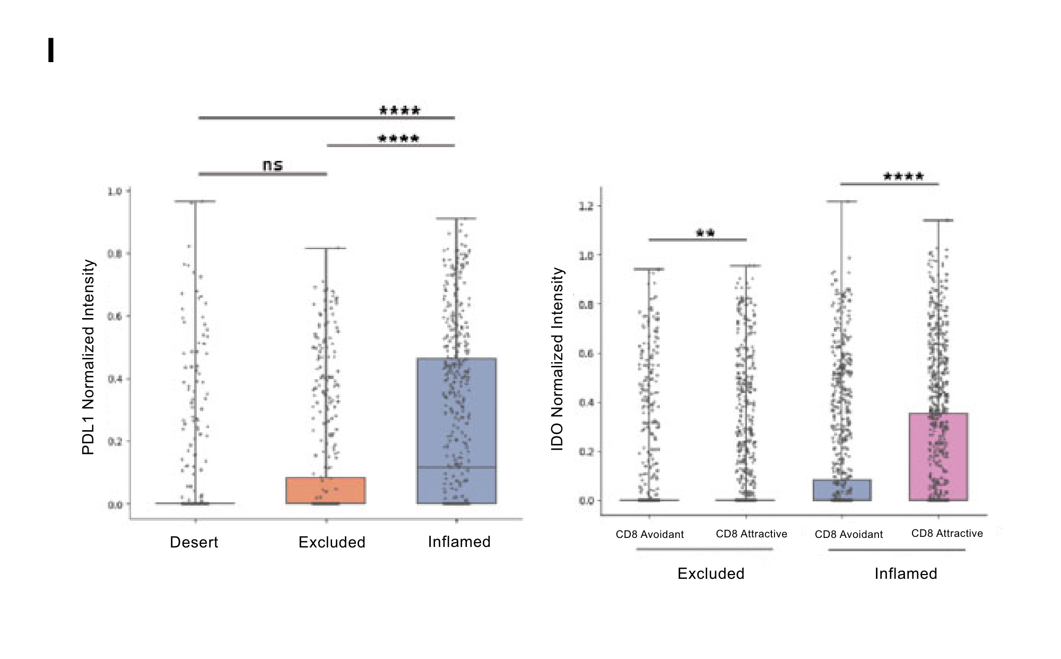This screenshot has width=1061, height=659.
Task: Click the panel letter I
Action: pyautogui.click(x=51, y=50)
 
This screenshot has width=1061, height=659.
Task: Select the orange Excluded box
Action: pyautogui.click(x=326, y=490)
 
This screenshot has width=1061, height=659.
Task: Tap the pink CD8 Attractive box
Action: pyautogui.click(x=938, y=457)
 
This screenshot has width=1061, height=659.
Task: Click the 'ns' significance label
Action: pyautogui.click(x=273, y=166)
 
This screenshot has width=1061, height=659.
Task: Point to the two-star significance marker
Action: pyautogui.click(x=705, y=233)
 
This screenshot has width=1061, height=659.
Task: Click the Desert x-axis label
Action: pyautogui.click(x=194, y=542)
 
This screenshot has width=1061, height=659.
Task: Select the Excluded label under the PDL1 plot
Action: pyautogui.click(x=332, y=542)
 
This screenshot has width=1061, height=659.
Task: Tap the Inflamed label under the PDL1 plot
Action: pyautogui.click(x=459, y=542)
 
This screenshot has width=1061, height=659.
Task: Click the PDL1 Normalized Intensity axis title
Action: pyautogui.click(x=88, y=357)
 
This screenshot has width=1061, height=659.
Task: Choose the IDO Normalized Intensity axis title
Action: pyautogui.click(x=557, y=359)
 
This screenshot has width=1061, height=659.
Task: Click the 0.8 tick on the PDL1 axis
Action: pyautogui.click(x=115, y=254)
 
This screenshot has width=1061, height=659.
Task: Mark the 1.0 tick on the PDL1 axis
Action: pyautogui.click(x=115, y=191)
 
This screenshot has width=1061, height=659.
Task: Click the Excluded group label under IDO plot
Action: pyautogui.click(x=711, y=574)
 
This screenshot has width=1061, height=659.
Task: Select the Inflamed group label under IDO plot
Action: pyautogui.click(x=906, y=574)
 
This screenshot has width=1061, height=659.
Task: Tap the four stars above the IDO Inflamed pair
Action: pyautogui.click(x=903, y=176)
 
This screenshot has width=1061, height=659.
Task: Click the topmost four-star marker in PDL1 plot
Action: pyautogui.click(x=399, y=110)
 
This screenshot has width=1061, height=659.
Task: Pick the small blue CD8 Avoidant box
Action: pyautogui.click(x=842, y=490)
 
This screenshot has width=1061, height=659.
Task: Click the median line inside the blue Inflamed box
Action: pyautogui.click(x=457, y=467)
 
